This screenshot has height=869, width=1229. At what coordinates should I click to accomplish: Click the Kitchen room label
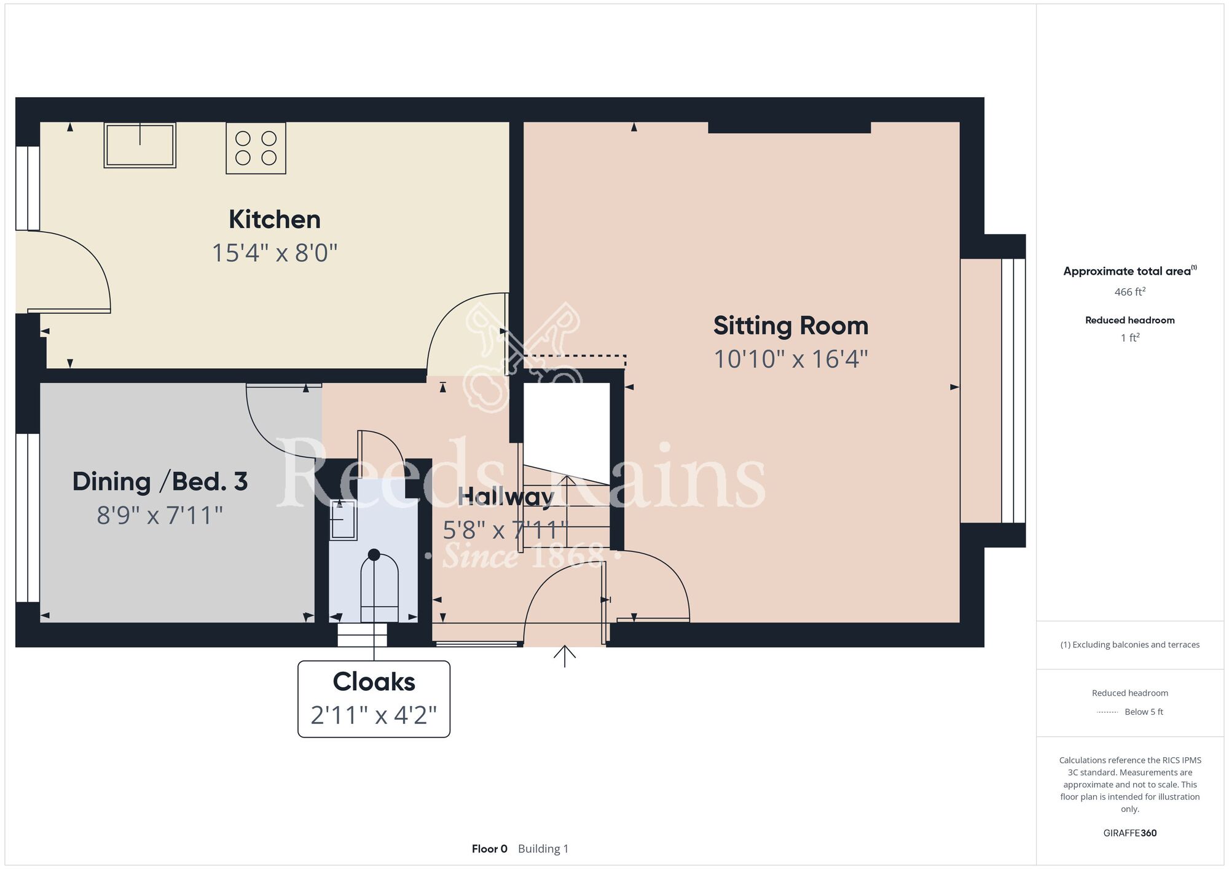tap(275, 219)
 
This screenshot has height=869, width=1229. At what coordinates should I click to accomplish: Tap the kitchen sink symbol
tap(140, 145)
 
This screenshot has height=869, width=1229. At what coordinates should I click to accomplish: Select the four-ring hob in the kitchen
tap(256, 148)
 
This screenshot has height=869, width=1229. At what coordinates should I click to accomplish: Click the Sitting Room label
tap(791, 326)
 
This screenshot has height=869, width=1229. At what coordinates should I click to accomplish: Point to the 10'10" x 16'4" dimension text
tap(791, 359)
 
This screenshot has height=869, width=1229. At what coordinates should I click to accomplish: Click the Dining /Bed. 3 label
tap(160, 481)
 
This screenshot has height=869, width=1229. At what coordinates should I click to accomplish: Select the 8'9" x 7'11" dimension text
tap(160, 515)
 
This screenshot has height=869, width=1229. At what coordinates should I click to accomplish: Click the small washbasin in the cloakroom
tap(343, 519)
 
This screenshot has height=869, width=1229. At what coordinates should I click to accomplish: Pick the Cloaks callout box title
tap(374, 682)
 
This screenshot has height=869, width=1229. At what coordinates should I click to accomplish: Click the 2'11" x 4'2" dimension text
tap(374, 715)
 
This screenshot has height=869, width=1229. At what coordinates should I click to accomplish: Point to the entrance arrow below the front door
tap(564, 656)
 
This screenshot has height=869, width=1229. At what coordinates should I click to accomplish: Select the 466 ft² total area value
tap(1130, 291)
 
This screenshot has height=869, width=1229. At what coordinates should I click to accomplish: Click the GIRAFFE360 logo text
tap(1130, 833)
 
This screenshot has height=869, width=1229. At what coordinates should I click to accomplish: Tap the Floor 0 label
tap(490, 849)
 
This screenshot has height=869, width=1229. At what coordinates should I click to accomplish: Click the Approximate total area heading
tap(1130, 271)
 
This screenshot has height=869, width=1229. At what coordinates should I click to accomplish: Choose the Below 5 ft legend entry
tap(1144, 712)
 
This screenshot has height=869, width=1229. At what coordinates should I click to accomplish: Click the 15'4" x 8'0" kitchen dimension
tap(275, 253)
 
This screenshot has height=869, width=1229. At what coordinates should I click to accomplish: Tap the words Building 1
tap(543, 849)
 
